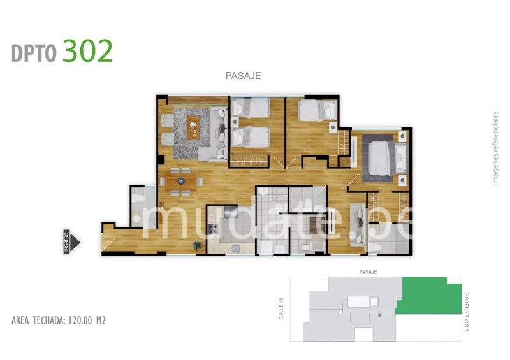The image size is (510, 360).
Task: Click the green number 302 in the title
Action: click(x=87, y=51)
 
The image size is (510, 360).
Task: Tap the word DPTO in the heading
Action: click(x=34, y=53)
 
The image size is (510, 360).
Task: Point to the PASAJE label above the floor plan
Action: click(x=244, y=75)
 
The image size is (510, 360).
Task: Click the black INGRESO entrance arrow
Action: click(x=72, y=241)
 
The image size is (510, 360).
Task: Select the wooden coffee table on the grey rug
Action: click(x=193, y=127)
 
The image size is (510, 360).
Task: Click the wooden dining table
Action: click(x=181, y=182)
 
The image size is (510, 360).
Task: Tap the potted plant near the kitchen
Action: click(x=197, y=245)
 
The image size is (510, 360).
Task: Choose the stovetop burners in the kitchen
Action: click(x=214, y=229)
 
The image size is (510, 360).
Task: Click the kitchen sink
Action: click(x=236, y=248)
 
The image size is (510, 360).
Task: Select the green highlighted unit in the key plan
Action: click(x=428, y=296)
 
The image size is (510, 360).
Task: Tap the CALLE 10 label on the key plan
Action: click(x=281, y=308)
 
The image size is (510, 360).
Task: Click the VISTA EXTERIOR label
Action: click(x=467, y=312)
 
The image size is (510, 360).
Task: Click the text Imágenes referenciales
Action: click(x=495, y=148)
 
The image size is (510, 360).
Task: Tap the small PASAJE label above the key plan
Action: click(x=368, y=272)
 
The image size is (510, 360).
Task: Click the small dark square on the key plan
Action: click(x=379, y=315)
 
